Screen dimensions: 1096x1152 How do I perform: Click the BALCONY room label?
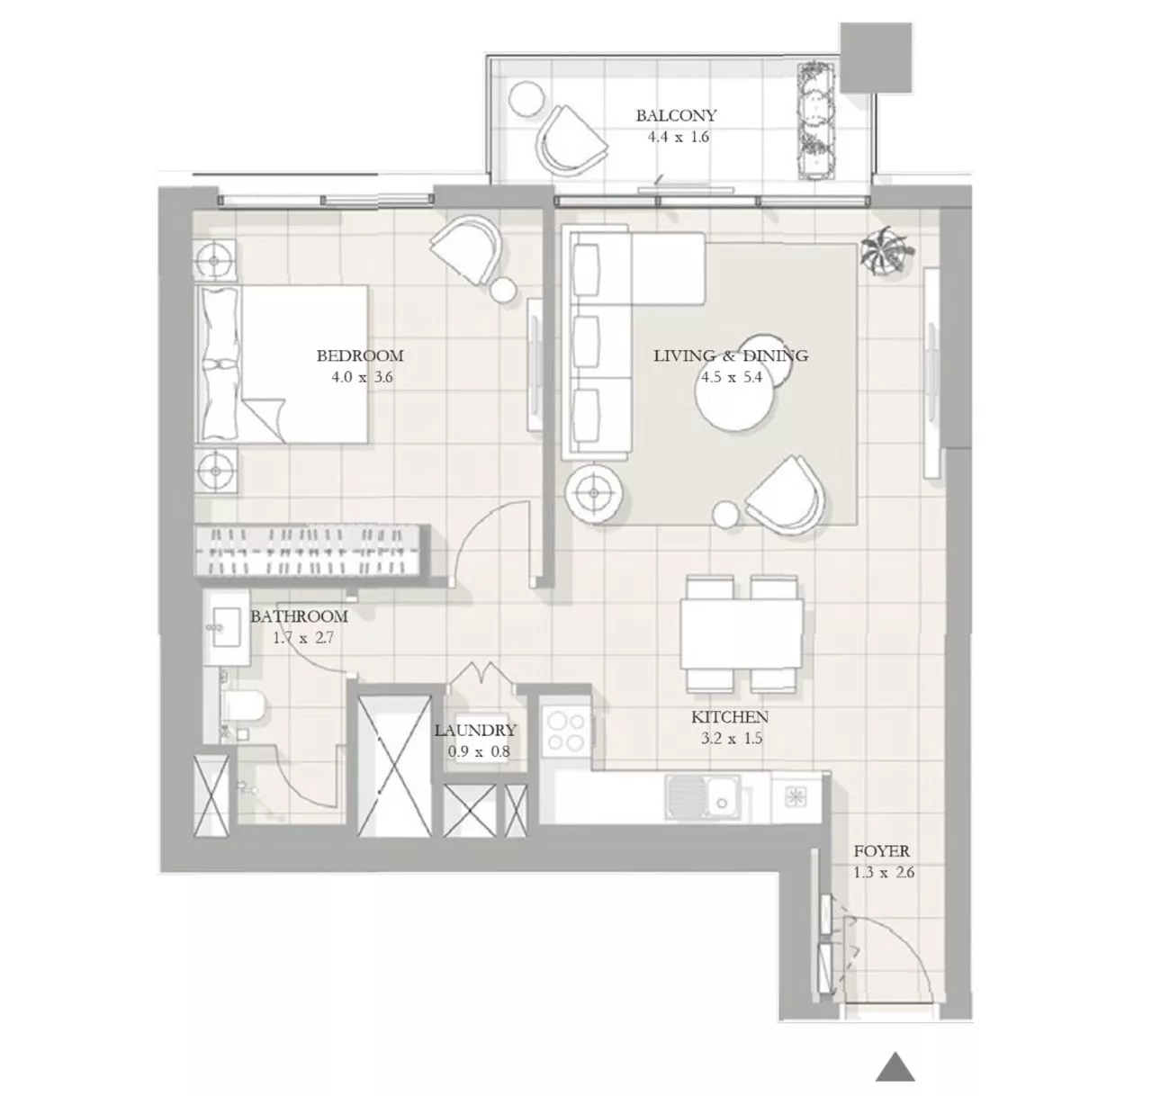pyautogui.click(x=676, y=115)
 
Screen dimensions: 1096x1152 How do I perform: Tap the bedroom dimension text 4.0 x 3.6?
pyautogui.click(x=362, y=377)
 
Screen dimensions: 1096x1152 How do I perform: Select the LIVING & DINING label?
pyautogui.click(x=730, y=355)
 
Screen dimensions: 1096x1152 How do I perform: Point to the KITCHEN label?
pyautogui.click(x=729, y=717)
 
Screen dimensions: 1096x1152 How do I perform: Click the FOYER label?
pyautogui.click(x=881, y=850)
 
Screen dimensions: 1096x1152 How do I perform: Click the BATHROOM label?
pyautogui.click(x=299, y=616)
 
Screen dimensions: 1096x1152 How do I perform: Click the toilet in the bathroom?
pyautogui.click(x=244, y=708)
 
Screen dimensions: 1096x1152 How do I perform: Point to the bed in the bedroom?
pyautogui.click(x=283, y=364)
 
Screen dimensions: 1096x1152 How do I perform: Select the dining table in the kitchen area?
pyautogui.click(x=742, y=633)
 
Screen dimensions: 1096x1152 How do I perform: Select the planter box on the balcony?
pyautogui.click(x=818, y=121)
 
